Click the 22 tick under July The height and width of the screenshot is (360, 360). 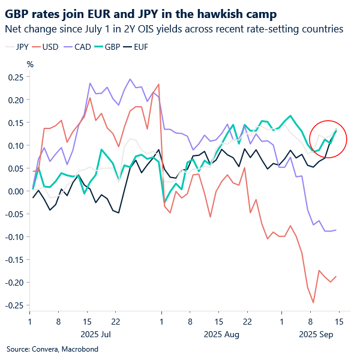tap(116, 322)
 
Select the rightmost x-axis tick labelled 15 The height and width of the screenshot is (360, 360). tap(339, 322)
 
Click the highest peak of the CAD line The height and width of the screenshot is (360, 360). tap(130, 79)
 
